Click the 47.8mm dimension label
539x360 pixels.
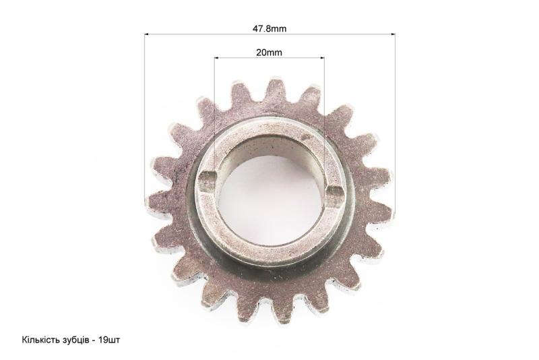[x=269, y=28]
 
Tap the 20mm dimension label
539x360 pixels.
[x=269, y=53]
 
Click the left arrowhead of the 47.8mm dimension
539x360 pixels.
[x=147, y=34]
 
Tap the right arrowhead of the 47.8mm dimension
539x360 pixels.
[x=393, y=34]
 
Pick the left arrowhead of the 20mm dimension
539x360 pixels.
[x=216, y=58]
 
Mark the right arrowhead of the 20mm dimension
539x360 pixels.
[x=322, y=58]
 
